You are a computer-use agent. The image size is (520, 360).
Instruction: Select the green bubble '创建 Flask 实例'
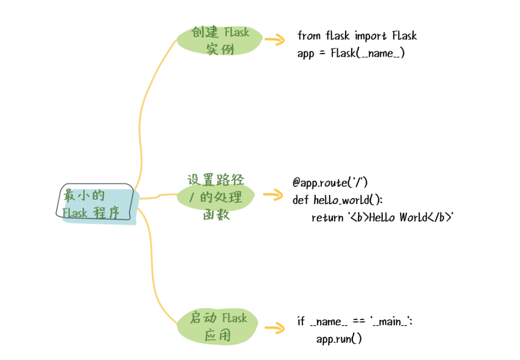220,40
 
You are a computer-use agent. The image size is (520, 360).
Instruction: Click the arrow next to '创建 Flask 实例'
274,40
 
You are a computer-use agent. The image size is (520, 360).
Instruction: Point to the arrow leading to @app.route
273,196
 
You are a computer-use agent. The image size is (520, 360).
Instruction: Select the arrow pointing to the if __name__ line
274,329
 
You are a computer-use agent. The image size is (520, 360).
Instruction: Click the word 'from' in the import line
309,36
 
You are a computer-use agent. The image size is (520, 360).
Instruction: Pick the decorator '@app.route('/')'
330,182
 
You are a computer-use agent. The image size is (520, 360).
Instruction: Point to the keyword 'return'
327,218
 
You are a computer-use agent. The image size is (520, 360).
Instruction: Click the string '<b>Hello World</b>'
400,218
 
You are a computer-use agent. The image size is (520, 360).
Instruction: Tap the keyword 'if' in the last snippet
301,321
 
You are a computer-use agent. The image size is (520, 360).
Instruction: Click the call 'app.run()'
339,339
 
